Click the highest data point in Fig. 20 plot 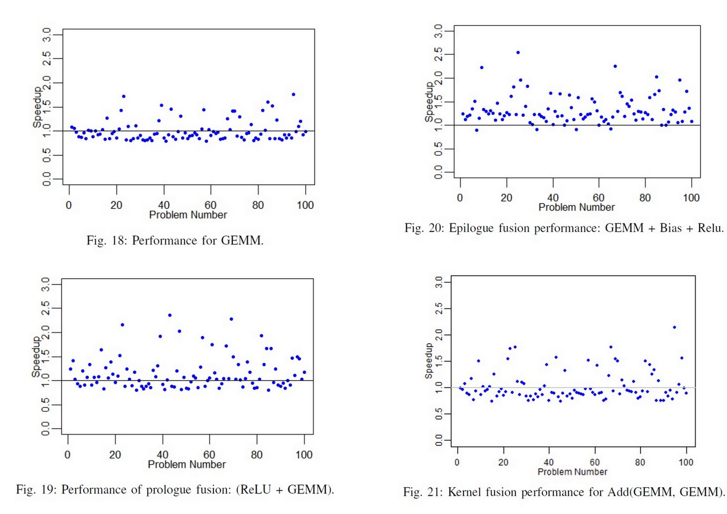(x=518, y=53)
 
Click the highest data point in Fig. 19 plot (x=170, y=315)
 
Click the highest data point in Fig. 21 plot (x=674, y=327)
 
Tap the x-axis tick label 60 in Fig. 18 (x=210, y=205)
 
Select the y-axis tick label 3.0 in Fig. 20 (x=438, y=31)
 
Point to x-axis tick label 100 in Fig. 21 (x=686, y=462)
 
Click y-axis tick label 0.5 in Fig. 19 (x=45, y=405)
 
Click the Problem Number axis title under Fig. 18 (x=188, y=215)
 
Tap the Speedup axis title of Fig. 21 (x=428, y=361)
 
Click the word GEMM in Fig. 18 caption (x=241, y=240)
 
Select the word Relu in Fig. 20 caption (x=710, y=228)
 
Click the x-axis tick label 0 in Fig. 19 (x=68, y=455)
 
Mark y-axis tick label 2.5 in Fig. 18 (x=46, y=59)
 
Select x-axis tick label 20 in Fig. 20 (x=506, y=198)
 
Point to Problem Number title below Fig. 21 (x=572, y=472)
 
